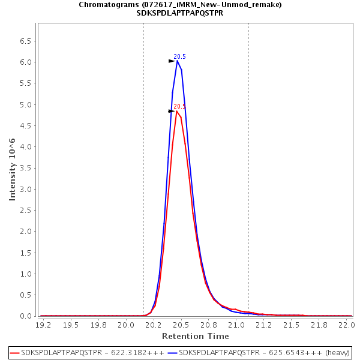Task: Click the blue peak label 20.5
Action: (x=180, y=56)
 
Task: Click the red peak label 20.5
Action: (x=180, y=106)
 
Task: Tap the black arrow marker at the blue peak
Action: (x=172, y=61)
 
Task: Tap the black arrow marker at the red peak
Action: (x=172, y=111)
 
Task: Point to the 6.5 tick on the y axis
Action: (x=25, y=41)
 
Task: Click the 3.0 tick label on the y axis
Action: (x=25, y=189)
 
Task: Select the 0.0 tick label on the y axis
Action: (x=25, y=316)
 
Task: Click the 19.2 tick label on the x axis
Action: (x=43, y=325)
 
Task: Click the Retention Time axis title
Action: (x=195, y=336)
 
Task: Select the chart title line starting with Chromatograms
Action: (x=180, y=5)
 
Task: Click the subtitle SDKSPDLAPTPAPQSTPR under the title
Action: (x=180, y=13)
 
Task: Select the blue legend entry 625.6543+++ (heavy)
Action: (x=264, y=352)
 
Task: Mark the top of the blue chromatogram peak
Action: (x=178, y=61)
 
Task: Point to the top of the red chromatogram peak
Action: (x=177, y=111)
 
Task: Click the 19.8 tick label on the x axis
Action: (x=98, y=325)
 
